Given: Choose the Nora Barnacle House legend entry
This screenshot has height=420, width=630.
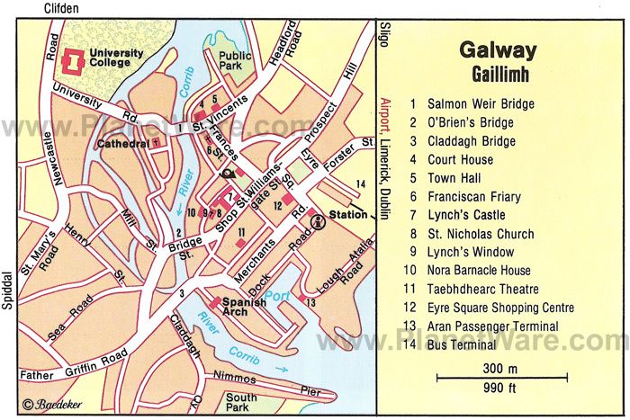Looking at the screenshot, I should click(479, 271).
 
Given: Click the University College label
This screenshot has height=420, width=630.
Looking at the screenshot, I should click(115, 58).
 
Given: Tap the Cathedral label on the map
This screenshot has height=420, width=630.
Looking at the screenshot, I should click(125, 143).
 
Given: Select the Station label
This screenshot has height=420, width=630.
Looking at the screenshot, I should click(348, 216).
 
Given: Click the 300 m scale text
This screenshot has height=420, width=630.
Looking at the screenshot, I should click(500, 368).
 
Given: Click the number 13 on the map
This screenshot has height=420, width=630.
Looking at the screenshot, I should click(310, 302).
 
